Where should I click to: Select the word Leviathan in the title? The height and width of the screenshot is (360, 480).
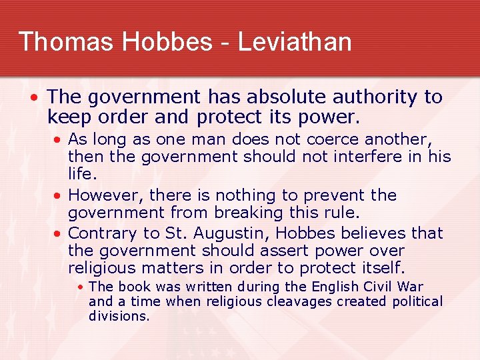coord(294,41)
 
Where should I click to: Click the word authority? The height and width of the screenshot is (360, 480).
coord(375,97)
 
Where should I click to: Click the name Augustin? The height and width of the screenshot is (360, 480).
coord(231,233)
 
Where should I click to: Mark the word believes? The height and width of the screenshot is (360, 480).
coord(372,233)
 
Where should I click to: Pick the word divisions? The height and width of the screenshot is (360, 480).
coord(119,316)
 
